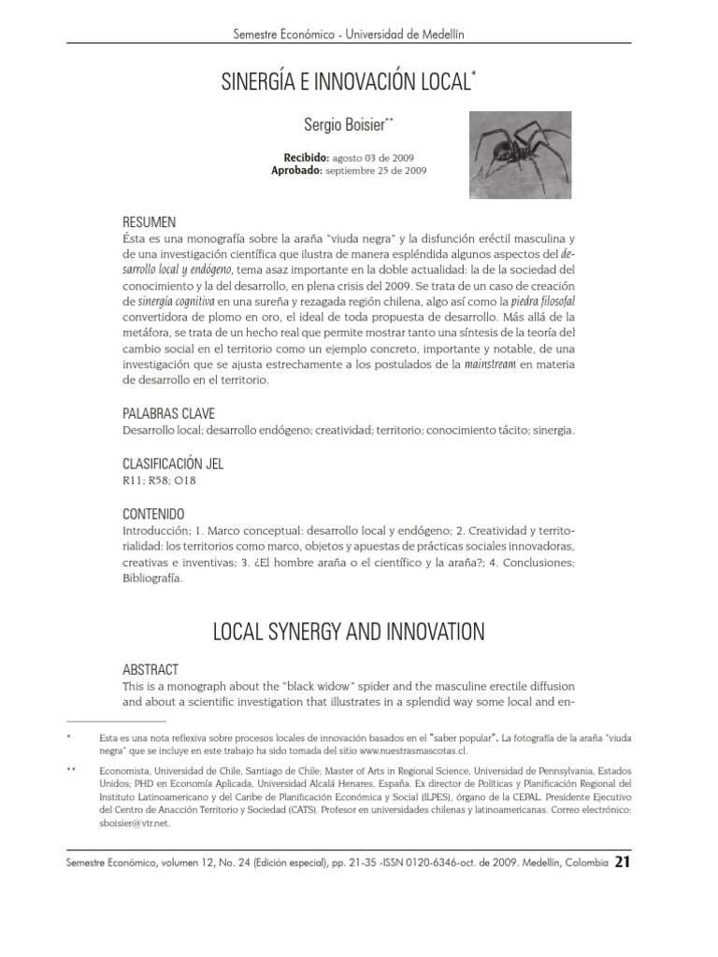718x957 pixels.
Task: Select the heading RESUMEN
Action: tap(150, 222)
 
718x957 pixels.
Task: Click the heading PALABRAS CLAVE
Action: tap(174, 413)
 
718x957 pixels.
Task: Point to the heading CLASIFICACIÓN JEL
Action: tap(173, 464)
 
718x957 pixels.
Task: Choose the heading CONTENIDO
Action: tap(154, 515)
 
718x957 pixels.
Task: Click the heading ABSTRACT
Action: tap(151, 670)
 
